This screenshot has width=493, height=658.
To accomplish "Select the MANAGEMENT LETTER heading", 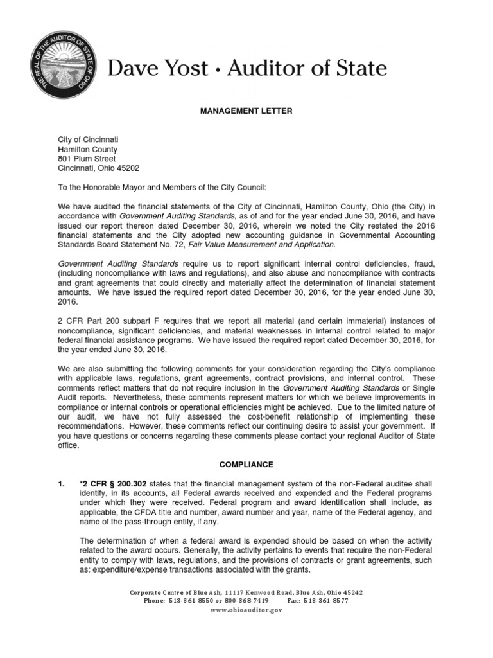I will (246, 111).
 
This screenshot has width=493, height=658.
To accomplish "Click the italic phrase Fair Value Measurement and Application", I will (263, 245).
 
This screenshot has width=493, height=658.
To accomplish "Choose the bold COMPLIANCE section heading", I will (246, 464).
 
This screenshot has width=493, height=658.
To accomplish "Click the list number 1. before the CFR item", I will (62, 483).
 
